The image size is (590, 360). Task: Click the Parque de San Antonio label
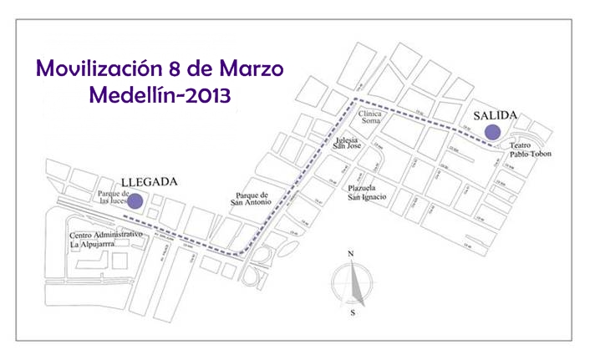254,198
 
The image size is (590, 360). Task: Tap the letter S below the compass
353,312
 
